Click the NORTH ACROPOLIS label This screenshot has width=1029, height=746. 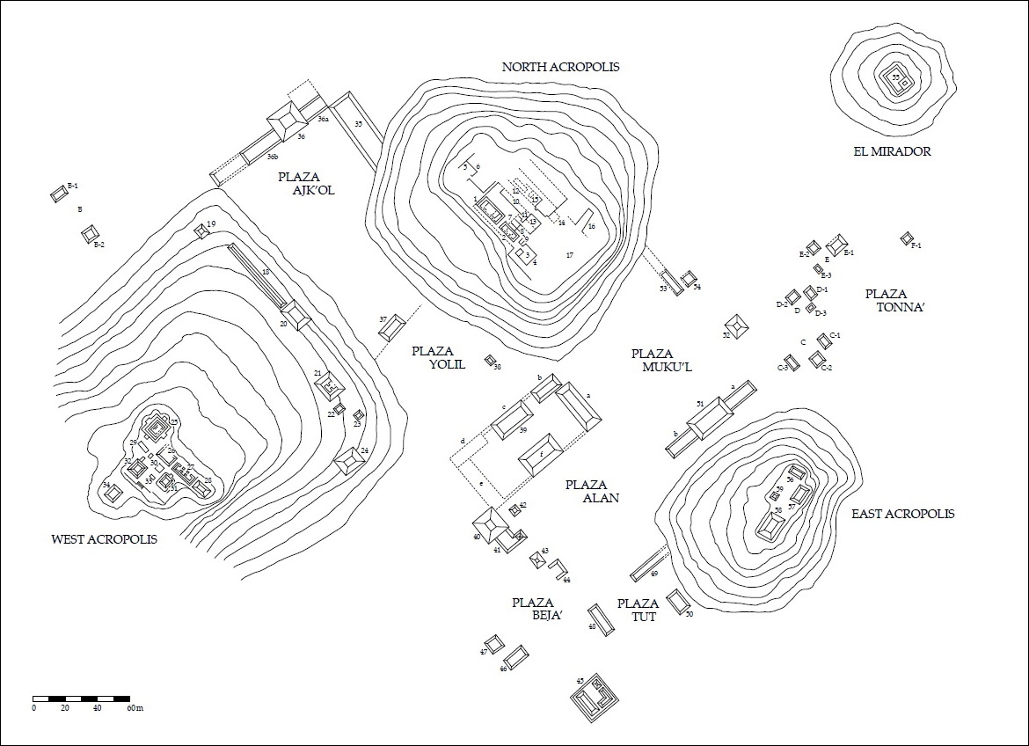pyautogui.click(x=560, y=67)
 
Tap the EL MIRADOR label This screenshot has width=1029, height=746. pyautogui.click(x=892, y=151)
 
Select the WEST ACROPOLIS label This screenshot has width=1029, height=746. pyautogui.click(x=105, y=539)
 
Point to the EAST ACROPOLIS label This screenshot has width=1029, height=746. pyautogui.click(x=902, y=514)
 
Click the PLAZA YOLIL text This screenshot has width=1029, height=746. pyautogui.click(x=438, y=358)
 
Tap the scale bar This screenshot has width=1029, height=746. pyautogui.click(x=88, y=698)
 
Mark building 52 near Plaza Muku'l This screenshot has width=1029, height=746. pyautogui.click(x=736, y=327)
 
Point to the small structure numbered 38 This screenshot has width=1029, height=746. pyautogui.click(x=492, y=360)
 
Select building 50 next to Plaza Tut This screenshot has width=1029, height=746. pyautogui.click(x=677, y=603)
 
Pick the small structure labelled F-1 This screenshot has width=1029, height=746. pyautogui.click(x=907, y=238)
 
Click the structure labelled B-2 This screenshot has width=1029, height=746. pyautogui.click(x=90, y=234)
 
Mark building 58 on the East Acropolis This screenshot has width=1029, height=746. pyautogui.click(x=770, y=527)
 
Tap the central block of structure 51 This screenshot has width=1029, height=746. pyautogui.click(x=711, y=417)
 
